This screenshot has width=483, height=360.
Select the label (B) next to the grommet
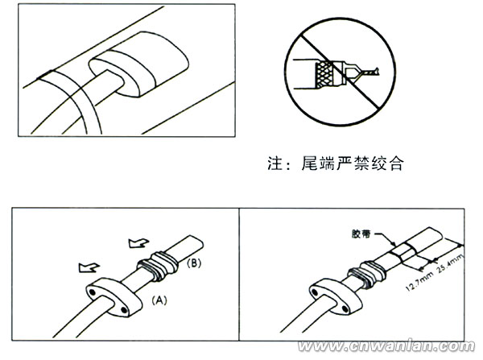click(x=194, y=263)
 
